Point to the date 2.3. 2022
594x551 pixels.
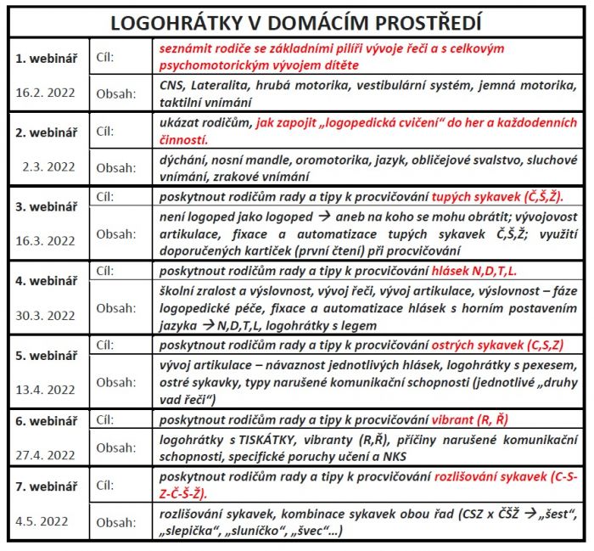[49, 166]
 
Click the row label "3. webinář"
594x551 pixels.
[48, 205]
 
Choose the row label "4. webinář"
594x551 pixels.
[48, 278]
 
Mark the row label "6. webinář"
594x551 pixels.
[48, 421]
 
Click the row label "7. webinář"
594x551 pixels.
[48, 485]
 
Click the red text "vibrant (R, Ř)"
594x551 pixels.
[471, 419]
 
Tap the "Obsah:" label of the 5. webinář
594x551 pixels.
[115, 382]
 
